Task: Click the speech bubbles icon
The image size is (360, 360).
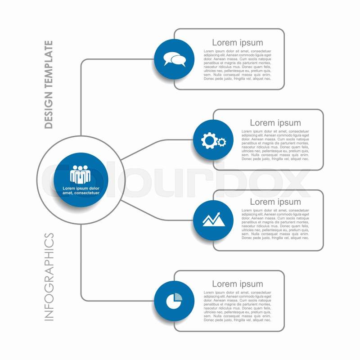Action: tap(174, 59)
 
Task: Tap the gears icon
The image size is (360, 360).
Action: tap(213, 141)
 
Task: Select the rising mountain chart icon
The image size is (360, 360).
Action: tap(213, 219)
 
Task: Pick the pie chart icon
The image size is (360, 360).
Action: tap(174, 301)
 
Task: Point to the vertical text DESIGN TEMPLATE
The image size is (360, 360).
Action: tap(49, 85)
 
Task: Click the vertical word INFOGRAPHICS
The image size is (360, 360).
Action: tap(49, 276)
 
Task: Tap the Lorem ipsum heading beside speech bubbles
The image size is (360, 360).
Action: tap(238, 43)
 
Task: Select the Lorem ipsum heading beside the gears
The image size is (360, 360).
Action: tap(275, 123)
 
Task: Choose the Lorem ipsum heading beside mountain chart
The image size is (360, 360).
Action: tap(275, 202)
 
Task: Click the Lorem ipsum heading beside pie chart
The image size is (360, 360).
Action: tap(238, 284)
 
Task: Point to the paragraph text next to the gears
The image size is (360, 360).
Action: tap(275, 145)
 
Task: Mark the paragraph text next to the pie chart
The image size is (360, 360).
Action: tap(238, 306)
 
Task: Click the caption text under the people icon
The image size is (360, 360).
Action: tap(81, 190)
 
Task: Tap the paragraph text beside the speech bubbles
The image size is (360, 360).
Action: tap(238, 65)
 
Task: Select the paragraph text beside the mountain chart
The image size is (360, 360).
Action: tap(275, 224)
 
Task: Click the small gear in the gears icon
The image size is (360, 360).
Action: tap(222, 143)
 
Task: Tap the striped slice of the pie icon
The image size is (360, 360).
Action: tap(178, 297)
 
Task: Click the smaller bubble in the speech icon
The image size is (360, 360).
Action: tap(179, 61)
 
